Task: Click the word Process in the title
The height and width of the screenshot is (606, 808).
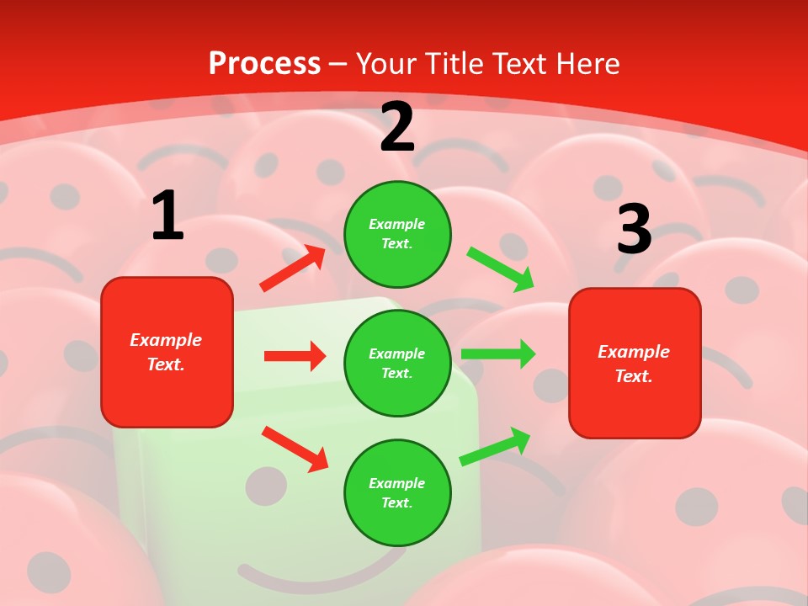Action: click(264, 64)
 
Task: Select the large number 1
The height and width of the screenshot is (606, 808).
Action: click(167, 216)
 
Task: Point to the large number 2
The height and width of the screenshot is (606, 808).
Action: click(397, 128)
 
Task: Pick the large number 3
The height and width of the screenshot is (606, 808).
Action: click(635, 230)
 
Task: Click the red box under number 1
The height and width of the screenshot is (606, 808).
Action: click(167, 352)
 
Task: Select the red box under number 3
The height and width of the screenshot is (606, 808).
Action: click(635, 363)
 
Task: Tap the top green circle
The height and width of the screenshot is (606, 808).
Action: click(397, 234)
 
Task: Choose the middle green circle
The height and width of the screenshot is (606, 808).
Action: click(397, 363)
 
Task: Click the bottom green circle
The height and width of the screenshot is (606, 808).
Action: click(397, 492)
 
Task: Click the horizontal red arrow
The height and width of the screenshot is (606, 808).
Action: click(295, 356)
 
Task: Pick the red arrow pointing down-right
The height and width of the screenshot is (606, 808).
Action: click(295, 449)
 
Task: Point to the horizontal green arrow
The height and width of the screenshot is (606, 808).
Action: click(498, 353)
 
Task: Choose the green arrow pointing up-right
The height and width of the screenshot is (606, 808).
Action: click(495, 446)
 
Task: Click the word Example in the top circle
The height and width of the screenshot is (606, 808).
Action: click(397, 225)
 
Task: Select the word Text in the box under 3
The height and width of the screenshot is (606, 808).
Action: click(633, 376)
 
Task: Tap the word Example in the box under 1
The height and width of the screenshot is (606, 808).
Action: click(166, 340)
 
